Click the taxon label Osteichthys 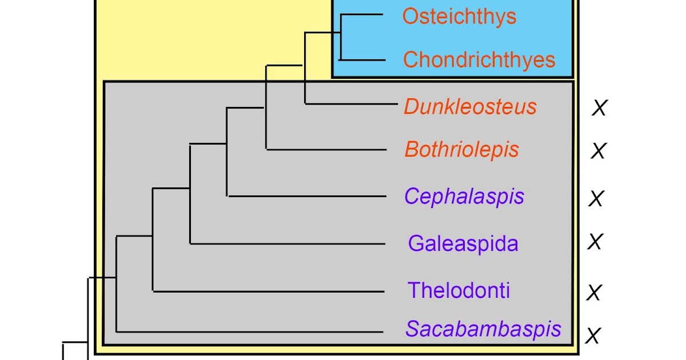click(x=459, y=17)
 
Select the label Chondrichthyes click(x=479, y=60)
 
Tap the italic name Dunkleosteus click(x=470, y=107)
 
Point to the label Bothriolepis click(x=462, y=150)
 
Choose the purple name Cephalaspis click(x=464, y=197)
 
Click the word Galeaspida click(x=463, y=244)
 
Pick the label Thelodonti click(x=458, y=290)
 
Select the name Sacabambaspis click(x=484, y=329)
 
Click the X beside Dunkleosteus click(x=599, y=108)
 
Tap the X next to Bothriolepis click(x=598, y=151)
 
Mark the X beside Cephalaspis click(x=596, y=198)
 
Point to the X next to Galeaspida click(x=595, y=242)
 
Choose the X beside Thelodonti click(x=595, y=293)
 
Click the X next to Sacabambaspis click(x=593, y=336)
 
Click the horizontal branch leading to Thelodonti click(x=269, y=291)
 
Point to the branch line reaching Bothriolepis click(x=326, y=149)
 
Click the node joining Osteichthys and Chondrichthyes click(x=341, y=37)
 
